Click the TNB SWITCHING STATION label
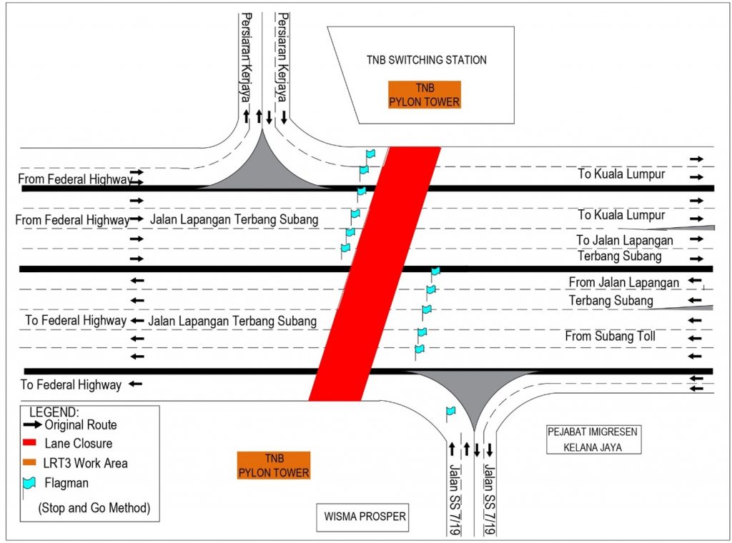tap(427, 60)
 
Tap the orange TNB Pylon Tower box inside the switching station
tap(424, 94)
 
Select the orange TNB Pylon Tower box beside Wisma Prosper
tap(274, 465)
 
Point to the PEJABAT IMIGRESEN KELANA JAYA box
tap(593, 439)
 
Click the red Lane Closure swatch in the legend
tap(40, 444)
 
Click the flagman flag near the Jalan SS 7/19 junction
tap(450, 412)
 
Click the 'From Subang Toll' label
tap(610, 336)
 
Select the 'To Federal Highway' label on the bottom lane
tap(71, 385)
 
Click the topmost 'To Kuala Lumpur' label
tap(621, 174)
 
